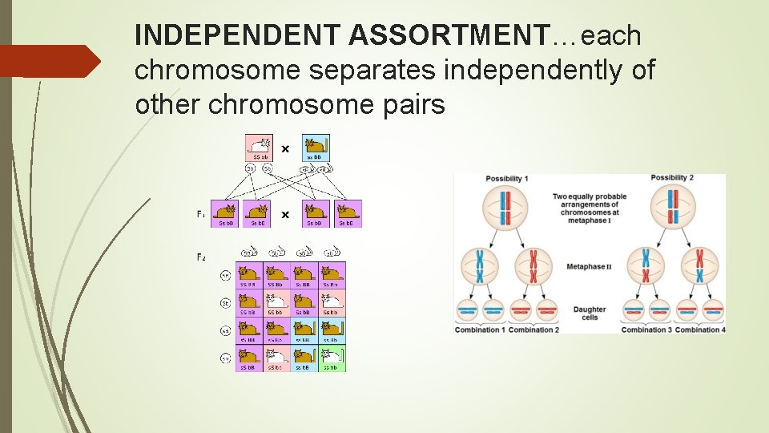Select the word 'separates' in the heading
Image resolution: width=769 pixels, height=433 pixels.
373,71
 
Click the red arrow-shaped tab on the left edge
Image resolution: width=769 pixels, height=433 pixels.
50,61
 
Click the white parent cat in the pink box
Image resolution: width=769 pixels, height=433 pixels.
259,147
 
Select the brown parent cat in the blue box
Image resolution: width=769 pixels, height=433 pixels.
316,147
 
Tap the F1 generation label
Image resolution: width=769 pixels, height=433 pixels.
201,214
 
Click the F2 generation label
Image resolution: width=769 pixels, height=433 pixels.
201,257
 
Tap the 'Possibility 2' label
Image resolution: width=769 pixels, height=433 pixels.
671,178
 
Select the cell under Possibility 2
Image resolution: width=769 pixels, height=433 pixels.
673,206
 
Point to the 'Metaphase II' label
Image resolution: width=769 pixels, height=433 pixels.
589,266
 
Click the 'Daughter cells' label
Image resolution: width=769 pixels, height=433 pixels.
589,313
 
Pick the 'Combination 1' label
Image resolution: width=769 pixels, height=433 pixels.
480,330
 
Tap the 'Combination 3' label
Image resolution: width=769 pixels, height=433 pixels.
646,330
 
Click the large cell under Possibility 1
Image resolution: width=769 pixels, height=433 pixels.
505,206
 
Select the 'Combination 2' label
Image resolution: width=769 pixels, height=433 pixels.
533,330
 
